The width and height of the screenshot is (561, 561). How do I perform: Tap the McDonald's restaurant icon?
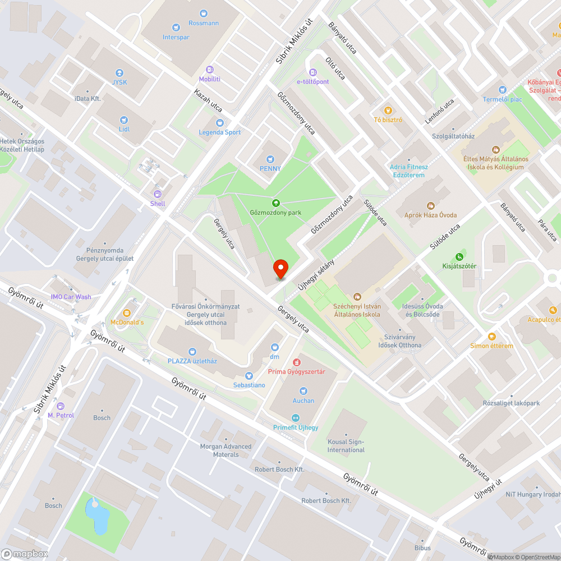point(127,312)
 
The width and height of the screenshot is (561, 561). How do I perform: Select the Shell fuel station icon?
point(158,194)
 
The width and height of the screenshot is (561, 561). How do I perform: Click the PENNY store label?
point(270,168)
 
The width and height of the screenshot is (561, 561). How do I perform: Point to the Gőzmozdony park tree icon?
point(275,203)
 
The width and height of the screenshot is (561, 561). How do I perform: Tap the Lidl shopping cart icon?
point(124,119)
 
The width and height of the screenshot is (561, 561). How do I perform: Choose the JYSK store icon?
point(119,73)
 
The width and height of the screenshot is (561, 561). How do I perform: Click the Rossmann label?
point(204,23)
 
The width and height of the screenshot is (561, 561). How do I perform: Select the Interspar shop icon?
point(176,27)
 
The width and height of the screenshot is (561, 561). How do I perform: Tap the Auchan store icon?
point(304,391)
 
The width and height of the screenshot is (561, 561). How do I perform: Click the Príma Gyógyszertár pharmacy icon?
point(297,362)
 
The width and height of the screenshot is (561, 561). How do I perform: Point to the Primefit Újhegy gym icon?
point(296,417)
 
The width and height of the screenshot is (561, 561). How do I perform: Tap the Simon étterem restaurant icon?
point(492,336)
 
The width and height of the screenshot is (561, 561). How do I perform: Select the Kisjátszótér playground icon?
point(459,256)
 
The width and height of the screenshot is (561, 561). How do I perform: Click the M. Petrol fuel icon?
point(61,406)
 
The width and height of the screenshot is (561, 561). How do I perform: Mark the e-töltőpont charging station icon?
point(313,72)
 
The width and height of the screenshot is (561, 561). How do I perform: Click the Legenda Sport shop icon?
point(220,123)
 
